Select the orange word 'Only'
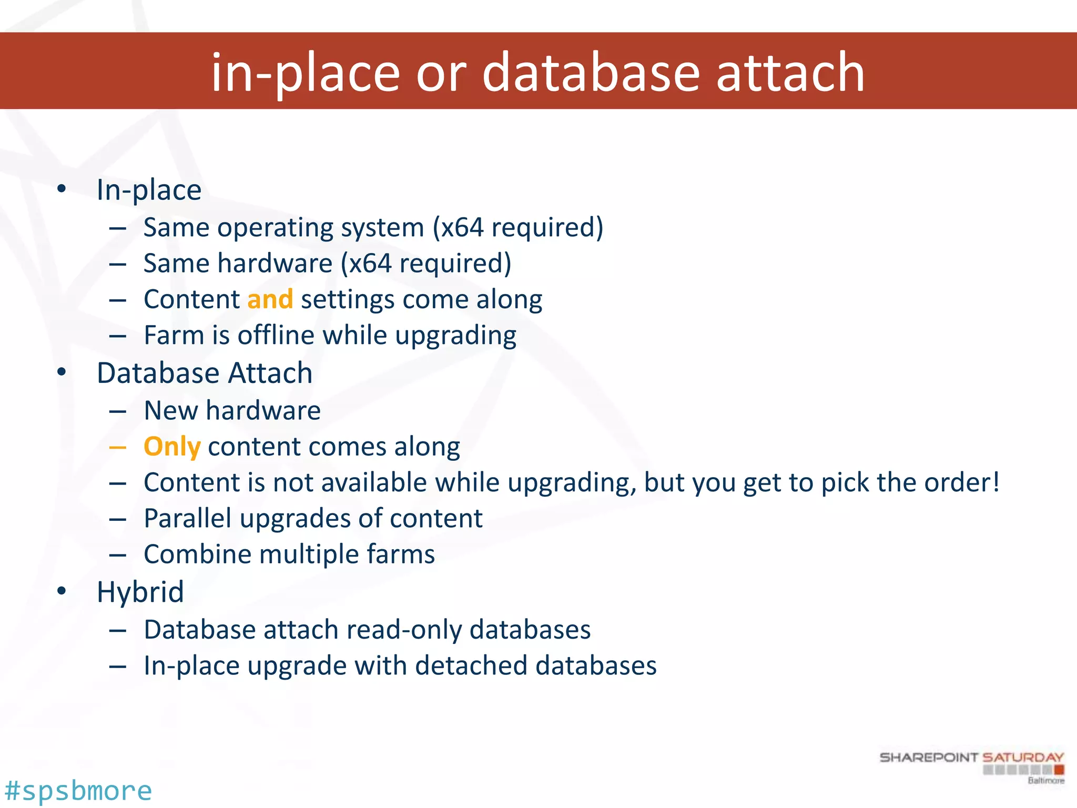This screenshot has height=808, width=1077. (x=172, y=447)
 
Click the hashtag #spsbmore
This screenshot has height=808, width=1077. (x=78, y=791)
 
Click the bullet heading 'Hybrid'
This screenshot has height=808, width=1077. (x=140, y=592)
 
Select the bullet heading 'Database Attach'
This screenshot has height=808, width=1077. (x=205, y=373)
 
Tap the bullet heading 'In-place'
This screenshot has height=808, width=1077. (x=149, y=190)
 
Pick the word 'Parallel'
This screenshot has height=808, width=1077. (x=187, y=518)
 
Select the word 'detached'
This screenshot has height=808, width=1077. (x=471, y=665)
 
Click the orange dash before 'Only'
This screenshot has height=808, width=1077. (x=118, y=448)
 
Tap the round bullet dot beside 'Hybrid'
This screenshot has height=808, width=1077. (x=62, y=591)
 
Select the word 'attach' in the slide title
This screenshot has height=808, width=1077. (x=790, y=72)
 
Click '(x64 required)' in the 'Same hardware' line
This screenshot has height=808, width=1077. (x=425, y=263)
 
